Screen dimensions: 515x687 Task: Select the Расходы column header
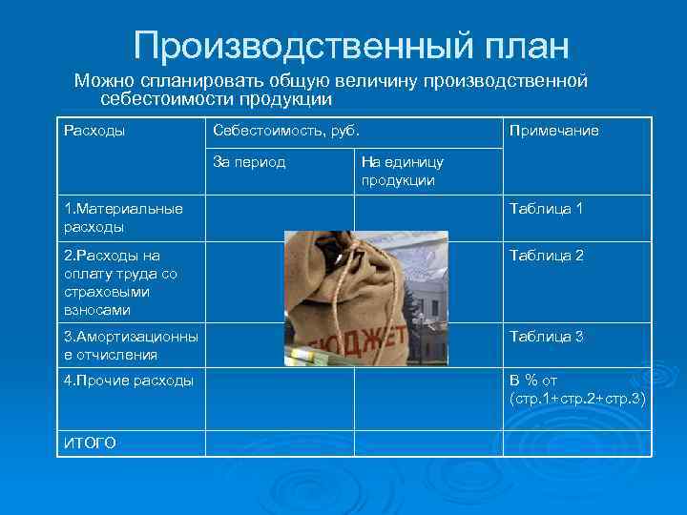point(94,131)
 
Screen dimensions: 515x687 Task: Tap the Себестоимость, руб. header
point(285,131)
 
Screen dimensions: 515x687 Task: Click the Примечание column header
point(554,131)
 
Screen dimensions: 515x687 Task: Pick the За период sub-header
point(249,162)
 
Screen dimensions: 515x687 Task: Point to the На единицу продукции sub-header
point(401,171)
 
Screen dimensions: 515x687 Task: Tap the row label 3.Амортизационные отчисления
point(131,345)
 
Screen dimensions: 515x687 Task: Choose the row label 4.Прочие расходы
point(128,381)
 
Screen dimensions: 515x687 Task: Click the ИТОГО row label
point(90,443)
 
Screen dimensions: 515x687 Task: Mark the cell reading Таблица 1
point(546,209)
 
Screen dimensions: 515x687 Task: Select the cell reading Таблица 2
point(546,256)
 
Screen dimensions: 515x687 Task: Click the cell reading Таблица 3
point(546,337)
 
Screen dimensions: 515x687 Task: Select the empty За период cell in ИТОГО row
point(281,443)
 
